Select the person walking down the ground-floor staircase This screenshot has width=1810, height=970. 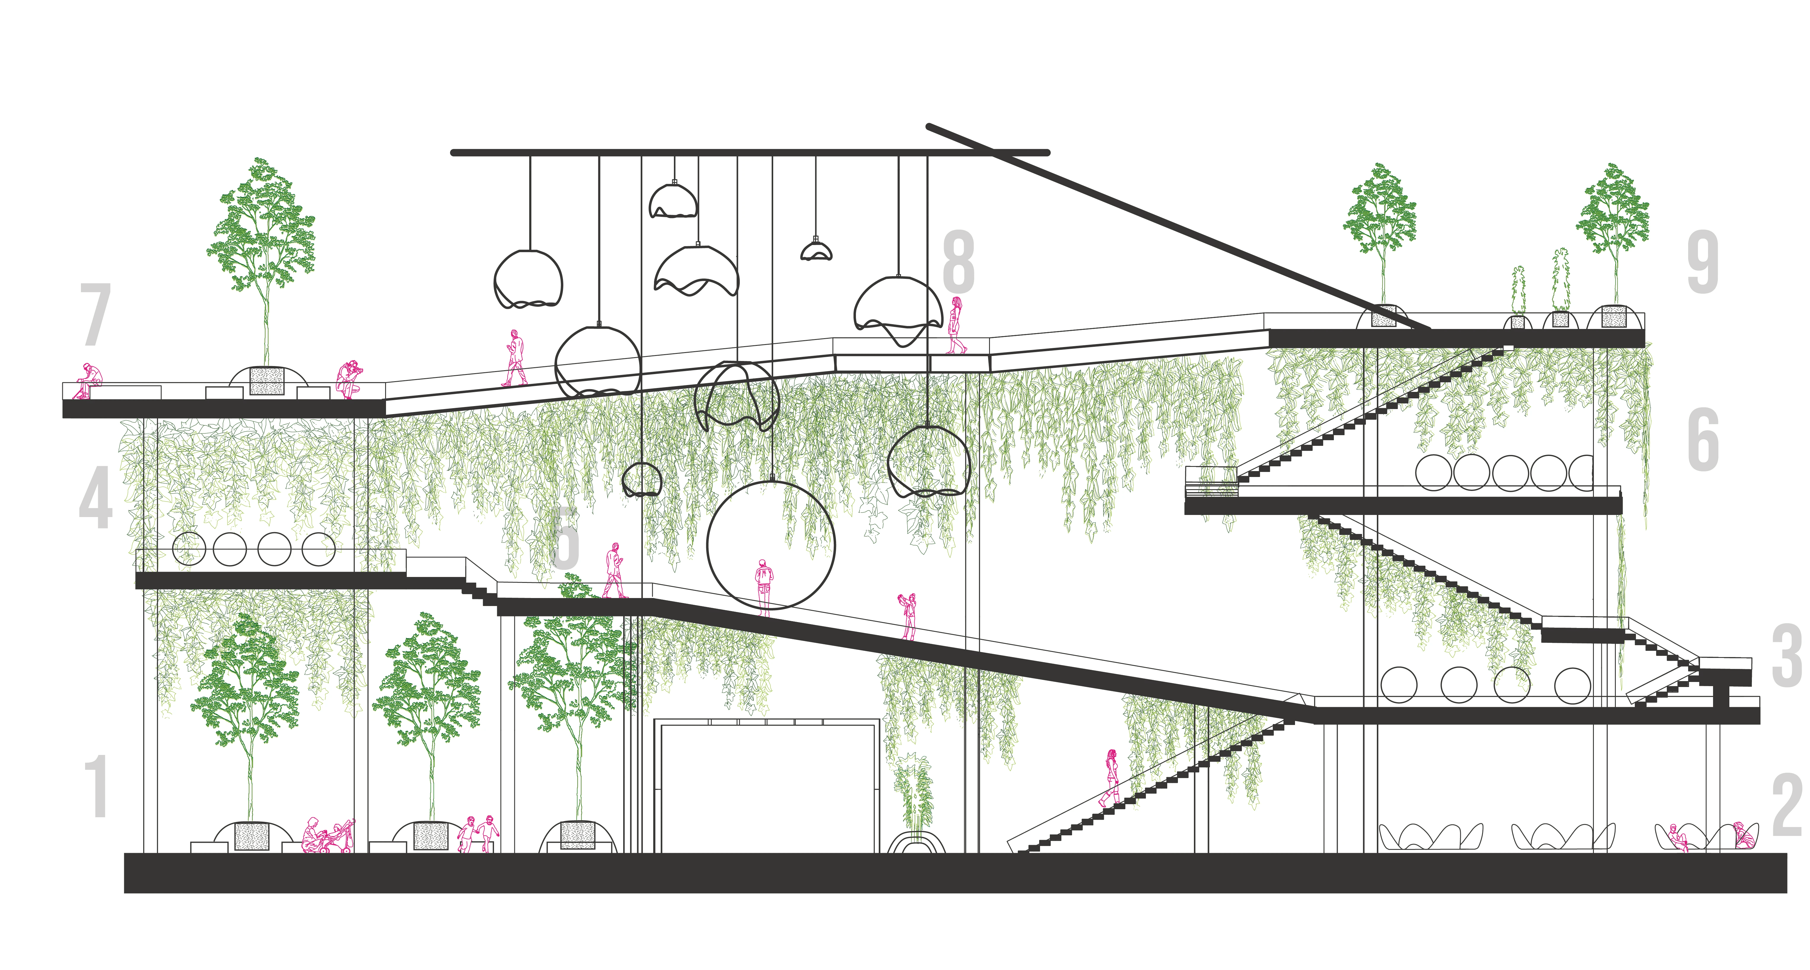click(x=1110, y=777)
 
